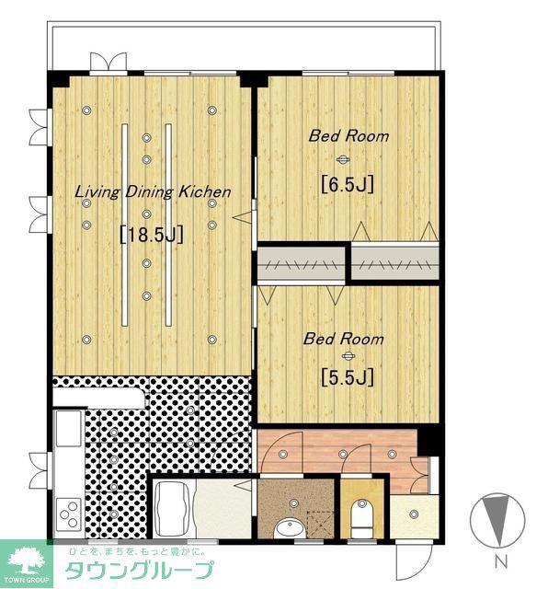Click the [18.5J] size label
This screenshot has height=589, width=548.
pyautogui.click(x=152, y=236)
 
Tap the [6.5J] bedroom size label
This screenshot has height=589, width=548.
pyautogui.click(x=348, y=184)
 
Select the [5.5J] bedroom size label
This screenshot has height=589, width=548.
pyautogui.click(x=348, y=377)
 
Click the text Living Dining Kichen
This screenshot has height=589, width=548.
pyautogui.click(x=153, y=192)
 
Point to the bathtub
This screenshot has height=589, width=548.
pyautogui.click(x=174, y=509)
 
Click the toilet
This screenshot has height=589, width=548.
pyautogui.click(x=362, y=517)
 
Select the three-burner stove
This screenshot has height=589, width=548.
pyautogui.click(x=69, y=514)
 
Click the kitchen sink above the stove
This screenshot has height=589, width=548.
pyautogui.click(x=69, y=427)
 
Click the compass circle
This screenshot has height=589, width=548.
pyautogui.click(x=497, y=519)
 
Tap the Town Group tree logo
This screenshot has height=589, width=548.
pyautogui.click(x=26, y=560)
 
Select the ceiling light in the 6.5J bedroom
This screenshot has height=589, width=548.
pyautogui.click(x=342, y=159)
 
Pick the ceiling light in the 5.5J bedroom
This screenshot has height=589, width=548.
pyautogui.click(x=348, y=355)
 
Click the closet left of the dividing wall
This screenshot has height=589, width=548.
pyautogui.click(x=301, y=263)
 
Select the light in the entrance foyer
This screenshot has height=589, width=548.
pyautogui.click(x=414, y=514)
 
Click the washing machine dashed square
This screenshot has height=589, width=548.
pyautogui.click(x=320, y=525)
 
